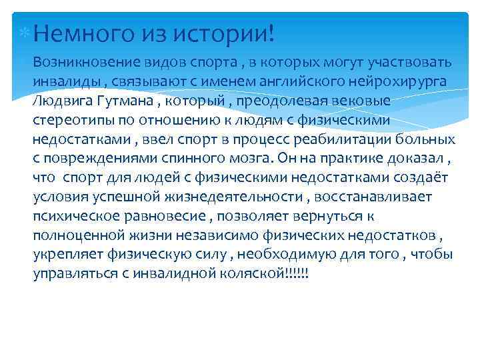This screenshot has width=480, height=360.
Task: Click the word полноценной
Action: (x=73, y=236)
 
